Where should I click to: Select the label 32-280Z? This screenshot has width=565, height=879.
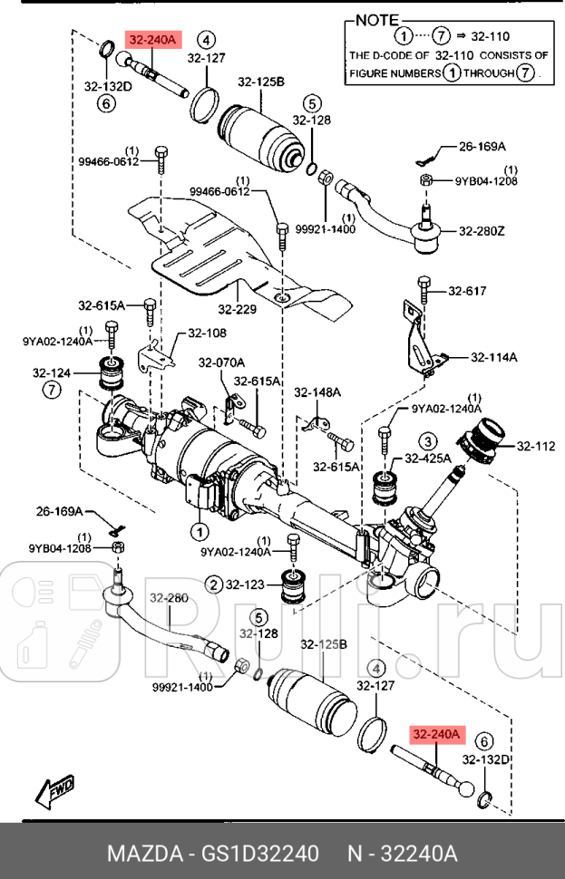pyautogui.click(x=481, y=231)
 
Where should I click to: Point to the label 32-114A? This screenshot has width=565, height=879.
pyautogui.click(x=494, y=357)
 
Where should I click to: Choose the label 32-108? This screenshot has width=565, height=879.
pyautogui.click(x=207, y=333)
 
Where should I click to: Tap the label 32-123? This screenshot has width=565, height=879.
pyautogui.click(x=247, y=585)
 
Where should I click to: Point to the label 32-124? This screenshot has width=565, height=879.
pyautogui.click(x=52, y=372)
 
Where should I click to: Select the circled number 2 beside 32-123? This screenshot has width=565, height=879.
pyautogui.click(x=213, y=585)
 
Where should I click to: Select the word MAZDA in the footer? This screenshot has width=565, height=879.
pyautogui.click(x=142, y=854)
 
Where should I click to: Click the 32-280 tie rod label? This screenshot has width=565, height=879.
pyautogui.click(x=169, y=598)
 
